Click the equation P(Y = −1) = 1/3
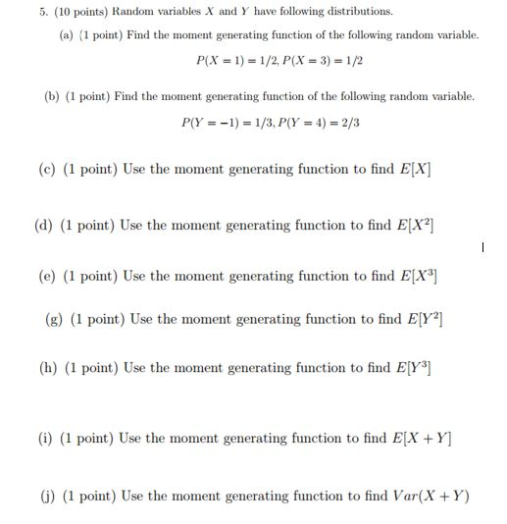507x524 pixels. (x=226, y=124)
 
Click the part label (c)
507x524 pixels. (x=46, y=170)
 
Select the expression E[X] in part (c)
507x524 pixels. (x=415, y=170)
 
